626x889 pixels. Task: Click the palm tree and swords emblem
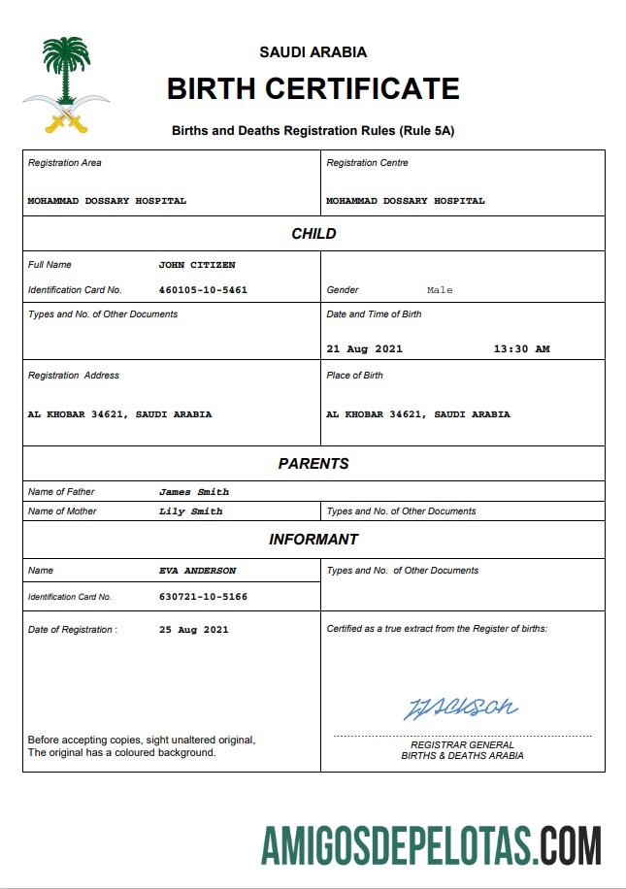(x=66, y=85)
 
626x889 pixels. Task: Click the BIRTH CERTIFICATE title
(x=313, y=89)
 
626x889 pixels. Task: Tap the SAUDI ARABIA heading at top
(x=313, y=52)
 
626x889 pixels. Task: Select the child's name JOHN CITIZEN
(x=197, y=265)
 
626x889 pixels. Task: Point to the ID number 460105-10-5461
(x=203, y=290)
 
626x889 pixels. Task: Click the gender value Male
(x=440, y=290)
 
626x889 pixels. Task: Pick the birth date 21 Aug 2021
(x=364, y=349)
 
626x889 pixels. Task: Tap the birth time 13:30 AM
(x=521, y=349)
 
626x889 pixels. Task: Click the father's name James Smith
(x=194, y=492)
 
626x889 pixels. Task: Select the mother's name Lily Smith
(x=191, y=511)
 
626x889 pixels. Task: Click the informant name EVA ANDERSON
(x=198, y=571)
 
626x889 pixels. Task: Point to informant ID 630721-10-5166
(x=203, y=597)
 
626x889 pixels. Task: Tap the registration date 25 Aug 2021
(x=194, y=630)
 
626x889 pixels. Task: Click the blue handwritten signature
(x=460, y=708)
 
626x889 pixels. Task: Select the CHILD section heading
(x=313, y=234)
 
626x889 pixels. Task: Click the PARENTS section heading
(x=313, y=464)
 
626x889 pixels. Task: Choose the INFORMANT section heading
(x=313, y=540)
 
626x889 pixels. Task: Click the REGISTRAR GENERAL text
(x=462, y=744)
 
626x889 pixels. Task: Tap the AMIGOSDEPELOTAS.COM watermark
(x=431, y=846)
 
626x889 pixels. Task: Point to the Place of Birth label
(x=354, y=376)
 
